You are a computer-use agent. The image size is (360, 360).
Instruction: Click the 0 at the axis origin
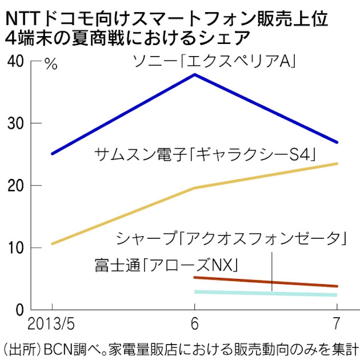[x=19, y=310]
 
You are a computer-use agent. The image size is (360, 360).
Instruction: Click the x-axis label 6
[x=194, y=323]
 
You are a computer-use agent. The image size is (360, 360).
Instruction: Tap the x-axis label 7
[x=337, y=323]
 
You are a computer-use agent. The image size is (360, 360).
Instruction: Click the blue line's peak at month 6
[x=195, y=74]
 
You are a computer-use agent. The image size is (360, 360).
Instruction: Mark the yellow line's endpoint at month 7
[x=337, y=164]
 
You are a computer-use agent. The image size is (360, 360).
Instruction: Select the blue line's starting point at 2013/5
[x=52, y=154]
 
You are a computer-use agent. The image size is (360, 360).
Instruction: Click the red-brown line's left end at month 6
[x=195, y=277]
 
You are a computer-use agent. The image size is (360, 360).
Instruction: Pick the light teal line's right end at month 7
[x=337, y=295]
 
